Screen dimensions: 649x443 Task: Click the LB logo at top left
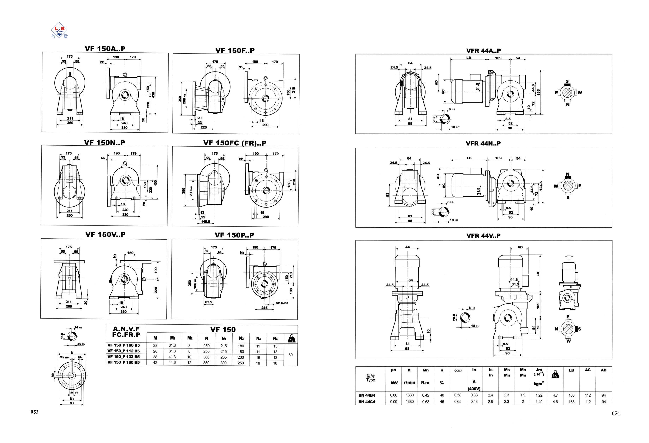tap(59, 30)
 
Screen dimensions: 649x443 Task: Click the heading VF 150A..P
tap(105, 49)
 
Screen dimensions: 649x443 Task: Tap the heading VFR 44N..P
tap(483, 143)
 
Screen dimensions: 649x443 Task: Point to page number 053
tap(34, 412)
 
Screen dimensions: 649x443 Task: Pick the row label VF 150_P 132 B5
tap(123, 357)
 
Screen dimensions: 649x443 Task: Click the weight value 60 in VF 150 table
tap(290, 355)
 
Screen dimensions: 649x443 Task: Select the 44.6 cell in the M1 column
tap(172, 363)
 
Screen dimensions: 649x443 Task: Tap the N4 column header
tap(275, 339)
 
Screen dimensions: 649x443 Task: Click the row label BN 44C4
tap(367, 402)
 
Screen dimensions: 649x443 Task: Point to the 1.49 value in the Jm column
tap(539, 402)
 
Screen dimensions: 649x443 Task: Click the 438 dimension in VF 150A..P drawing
tap(153, 95)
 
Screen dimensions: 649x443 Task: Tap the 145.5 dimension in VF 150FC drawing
tap(205, 222)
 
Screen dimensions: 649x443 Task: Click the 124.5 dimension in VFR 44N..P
tap(541, 186)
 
